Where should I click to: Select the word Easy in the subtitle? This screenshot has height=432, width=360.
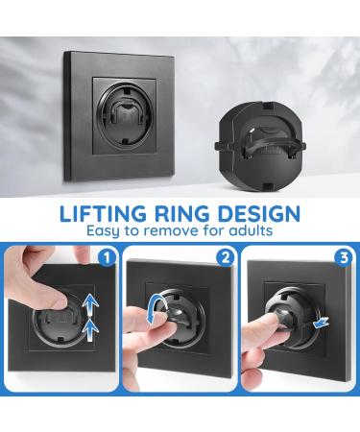click(x=107, y=232)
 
